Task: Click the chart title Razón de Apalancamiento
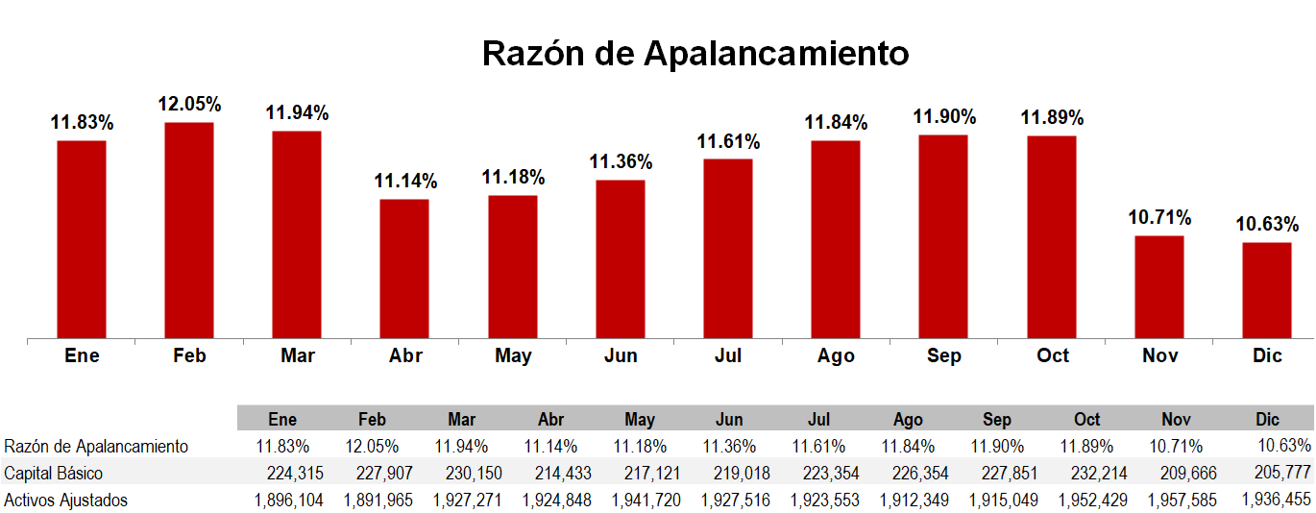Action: tap(695, 53)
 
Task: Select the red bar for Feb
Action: tap(189, 231)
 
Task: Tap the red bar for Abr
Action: tap(404, 269)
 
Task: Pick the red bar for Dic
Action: tap(1266, 290)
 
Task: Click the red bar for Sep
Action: tap(943, 236)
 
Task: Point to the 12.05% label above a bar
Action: tap(189, 104)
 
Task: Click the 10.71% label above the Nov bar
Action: tap(1159, 217)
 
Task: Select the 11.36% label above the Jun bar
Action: tap(621, 161)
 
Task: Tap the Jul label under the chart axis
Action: tap(728, 356)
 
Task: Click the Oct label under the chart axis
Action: tap(1052, 356)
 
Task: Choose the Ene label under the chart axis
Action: tap(82, 356)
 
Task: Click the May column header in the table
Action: tap(640, 420)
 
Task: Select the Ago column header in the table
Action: tap(908, 420)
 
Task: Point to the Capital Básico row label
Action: tap(54, 473)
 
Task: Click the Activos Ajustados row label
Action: tap(66, 500)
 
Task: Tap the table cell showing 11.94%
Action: tap(461, 446)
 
